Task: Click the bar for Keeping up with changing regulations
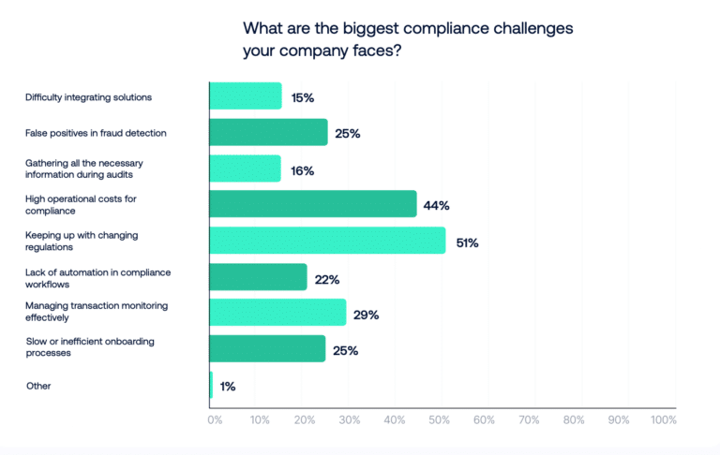(327, 241)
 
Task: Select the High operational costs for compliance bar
(312, 204)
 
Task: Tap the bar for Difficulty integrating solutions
(245, 96)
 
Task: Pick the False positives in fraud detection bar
(268, 132)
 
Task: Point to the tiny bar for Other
(211, 385)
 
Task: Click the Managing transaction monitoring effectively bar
(277, 313)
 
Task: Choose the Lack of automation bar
(258, 277)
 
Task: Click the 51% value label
(467, 242)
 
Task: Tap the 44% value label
(438, 206)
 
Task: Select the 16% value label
(302, 170)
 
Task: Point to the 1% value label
(229, 386)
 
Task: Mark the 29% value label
(367, 315)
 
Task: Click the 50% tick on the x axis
(439, 420)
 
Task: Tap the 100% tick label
(663, 420)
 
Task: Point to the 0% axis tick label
(215, 420)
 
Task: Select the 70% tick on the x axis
(529, 420)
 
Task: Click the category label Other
(38, 385)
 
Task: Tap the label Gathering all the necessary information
(83, 168)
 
